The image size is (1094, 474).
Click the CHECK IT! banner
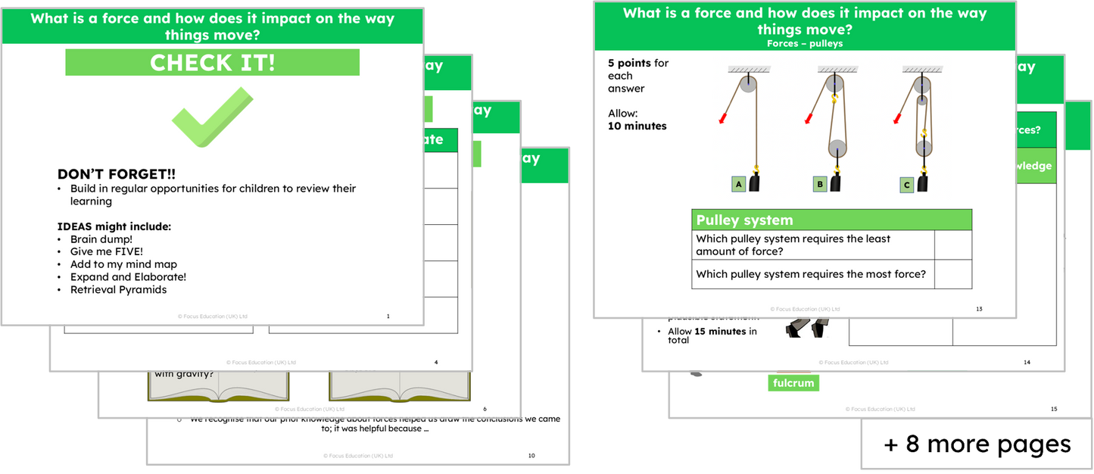tap(212, 63)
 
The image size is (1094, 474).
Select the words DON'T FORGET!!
tap(117, 174)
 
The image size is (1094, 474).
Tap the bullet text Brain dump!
tap(101, 239)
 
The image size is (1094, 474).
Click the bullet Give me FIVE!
tap(106, 252)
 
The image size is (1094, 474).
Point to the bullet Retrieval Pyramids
tap(118, 289)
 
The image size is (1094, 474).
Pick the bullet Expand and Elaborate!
tap(128, 277)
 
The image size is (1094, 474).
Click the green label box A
tap(738, 183)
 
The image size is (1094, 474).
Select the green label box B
tap(820, 183)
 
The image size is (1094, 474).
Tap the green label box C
tap(906, 183)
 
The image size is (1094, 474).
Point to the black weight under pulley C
tap(923, 183)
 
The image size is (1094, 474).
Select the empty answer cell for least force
tap(953, 245)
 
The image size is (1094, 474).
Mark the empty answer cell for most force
tap(953, 274)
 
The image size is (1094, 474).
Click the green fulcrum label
tap(793, 383)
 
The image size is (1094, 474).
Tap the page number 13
tap(979, 309)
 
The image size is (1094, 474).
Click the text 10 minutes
tap(637, 126)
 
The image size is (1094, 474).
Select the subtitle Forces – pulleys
tap(804, 44)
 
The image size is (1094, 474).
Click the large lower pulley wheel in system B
tap(837, 146)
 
